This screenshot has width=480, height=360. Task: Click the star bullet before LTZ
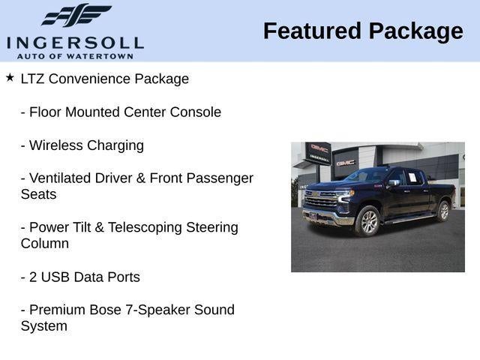[10, 76]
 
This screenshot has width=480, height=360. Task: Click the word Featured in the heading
[311, 31]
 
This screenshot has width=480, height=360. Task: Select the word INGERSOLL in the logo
[74, 42]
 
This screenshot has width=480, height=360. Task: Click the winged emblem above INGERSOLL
[76, 16]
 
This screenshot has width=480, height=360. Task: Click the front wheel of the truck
[367, 221]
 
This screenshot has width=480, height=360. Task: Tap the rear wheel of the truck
[443, 211]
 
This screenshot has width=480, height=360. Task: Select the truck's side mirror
[394, 184]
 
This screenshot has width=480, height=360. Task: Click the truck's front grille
[321, 201]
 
